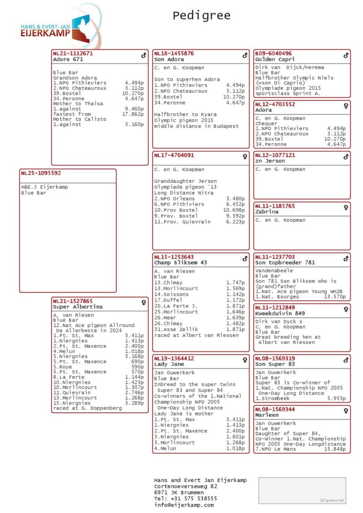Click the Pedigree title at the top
tap(201, 16)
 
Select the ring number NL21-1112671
tap(73, 53)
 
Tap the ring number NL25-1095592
tap(40, 173)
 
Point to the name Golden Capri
tap(275, 59)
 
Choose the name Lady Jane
tap(169, 364)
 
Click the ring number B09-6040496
tap(273, 53)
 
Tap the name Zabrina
tap(267, 212)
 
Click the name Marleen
tap(267, 415)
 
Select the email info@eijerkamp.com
tap(184, 505)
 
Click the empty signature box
tap(302, 490)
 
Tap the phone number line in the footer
tap(186, 498)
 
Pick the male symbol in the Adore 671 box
tap(143, 55)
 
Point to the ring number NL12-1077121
tap(275, 155)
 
